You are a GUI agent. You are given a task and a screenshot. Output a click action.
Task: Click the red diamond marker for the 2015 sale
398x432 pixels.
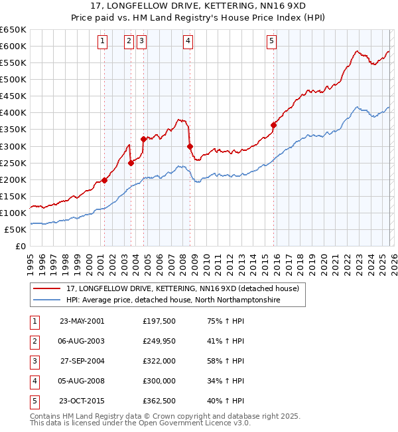(x=273, y=124)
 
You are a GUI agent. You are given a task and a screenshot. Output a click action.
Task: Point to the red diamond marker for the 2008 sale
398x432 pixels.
(x=190, y=146)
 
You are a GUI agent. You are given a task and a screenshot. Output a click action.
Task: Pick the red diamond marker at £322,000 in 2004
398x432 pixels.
(x=143, y=139)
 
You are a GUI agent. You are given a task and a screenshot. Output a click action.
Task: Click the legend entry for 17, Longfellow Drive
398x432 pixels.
(x=183, y=288)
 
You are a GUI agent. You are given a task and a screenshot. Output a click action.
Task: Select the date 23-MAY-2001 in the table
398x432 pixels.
(x=82, y=321)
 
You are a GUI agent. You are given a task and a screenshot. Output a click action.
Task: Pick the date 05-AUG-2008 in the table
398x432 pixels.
(x=82, y=381)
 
